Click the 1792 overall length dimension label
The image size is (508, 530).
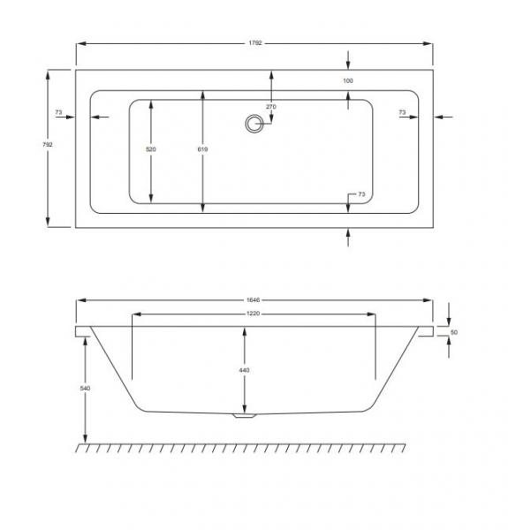255,43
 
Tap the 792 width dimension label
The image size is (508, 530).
48,145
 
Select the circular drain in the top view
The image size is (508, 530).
254,124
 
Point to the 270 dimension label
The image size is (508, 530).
271,107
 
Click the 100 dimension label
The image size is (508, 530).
348,80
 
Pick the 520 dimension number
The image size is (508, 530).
151,149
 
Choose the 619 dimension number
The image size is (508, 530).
203,149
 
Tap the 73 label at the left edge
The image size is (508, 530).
59,112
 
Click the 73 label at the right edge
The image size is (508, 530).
402,112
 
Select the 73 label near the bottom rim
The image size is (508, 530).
361,194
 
